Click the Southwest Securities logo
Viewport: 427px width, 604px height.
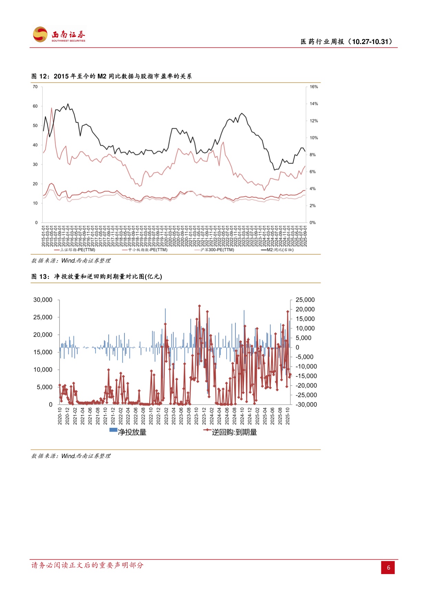point(59,35)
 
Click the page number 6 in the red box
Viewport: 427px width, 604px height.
point(388,568)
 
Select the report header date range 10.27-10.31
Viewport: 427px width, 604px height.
point(372,42)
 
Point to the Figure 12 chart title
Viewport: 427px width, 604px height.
point(111,76)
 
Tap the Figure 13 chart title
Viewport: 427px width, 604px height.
point(97,277)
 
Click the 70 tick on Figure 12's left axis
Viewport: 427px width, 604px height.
point(35,87)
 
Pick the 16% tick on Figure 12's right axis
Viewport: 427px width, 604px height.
point(313,87)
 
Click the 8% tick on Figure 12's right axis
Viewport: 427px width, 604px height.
point(312,155)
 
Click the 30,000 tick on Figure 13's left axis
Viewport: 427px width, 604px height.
point(43,300)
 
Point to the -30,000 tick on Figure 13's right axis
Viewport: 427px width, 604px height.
point(306,405)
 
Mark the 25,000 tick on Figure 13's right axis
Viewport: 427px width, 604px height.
point(305,300)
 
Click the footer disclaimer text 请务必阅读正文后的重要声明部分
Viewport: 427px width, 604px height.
point(87,565)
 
